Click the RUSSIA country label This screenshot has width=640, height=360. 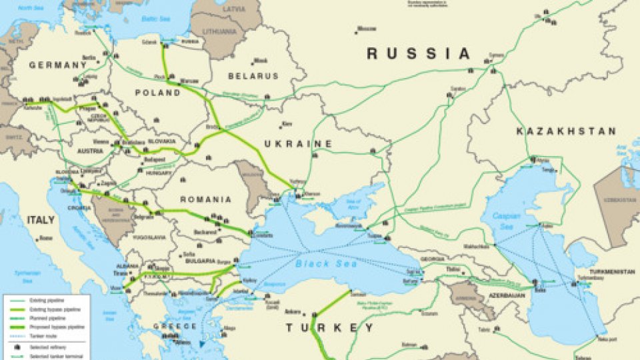point(419,54)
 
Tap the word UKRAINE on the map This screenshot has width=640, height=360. point(297,144)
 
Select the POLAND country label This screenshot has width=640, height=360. point(157,93)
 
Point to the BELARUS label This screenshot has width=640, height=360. point(253,76)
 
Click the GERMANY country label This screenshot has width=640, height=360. point(58,65)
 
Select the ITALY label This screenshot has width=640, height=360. point(41,219)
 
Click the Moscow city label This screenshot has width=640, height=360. point(366,29)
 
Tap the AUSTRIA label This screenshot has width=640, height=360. point(91,151)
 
